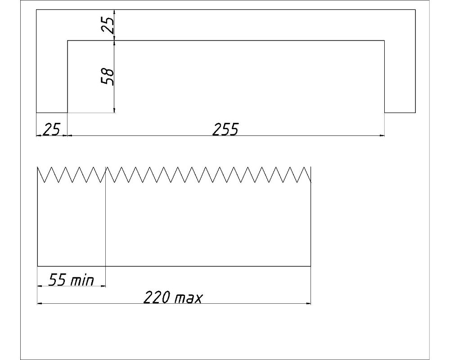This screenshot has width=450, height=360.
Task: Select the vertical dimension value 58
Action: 108,76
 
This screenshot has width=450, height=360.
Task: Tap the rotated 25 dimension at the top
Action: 108,25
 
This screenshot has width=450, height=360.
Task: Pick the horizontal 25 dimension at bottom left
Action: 51,130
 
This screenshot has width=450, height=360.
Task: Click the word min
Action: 82,280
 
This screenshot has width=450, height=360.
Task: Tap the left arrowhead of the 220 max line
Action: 40,303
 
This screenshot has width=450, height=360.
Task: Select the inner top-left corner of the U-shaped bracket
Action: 67,40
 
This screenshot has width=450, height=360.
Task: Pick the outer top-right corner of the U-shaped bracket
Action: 415,9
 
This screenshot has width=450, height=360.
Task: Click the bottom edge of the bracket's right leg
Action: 400,112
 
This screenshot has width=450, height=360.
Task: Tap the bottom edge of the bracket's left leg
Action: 52,112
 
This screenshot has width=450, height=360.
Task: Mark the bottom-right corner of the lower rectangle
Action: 311,266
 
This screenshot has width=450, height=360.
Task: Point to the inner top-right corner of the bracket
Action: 384,40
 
